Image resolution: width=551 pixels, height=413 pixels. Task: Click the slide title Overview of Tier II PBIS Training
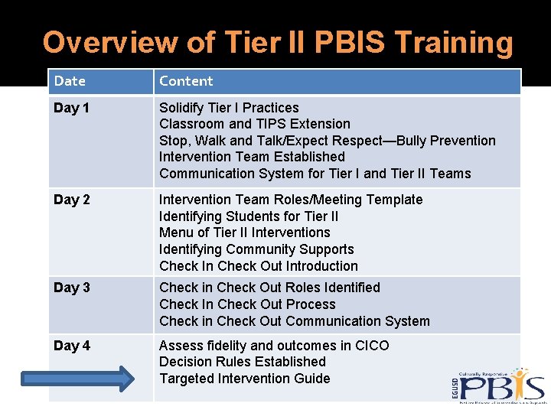point(278,43)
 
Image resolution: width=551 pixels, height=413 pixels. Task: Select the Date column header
point(70,81)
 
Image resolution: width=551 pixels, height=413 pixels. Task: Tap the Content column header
point(186,81)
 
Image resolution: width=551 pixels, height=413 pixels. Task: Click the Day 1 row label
point(72,108)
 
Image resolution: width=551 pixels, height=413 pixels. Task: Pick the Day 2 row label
point(72,200)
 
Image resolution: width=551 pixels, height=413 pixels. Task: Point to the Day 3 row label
point(72,288)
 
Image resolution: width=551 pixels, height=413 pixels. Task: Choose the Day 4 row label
point(72,346)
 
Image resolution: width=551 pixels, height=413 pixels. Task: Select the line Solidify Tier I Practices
point(229,108)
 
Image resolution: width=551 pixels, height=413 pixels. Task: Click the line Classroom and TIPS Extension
point(254,124)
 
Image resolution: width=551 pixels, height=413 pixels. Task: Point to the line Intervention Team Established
point(252,157)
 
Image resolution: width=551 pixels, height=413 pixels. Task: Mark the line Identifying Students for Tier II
point(248,216)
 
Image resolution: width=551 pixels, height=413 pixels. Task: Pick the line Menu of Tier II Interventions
point(244,233)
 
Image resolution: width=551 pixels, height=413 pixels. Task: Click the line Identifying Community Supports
point(256,249)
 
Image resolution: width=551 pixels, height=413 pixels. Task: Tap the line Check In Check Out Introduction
point(258,266)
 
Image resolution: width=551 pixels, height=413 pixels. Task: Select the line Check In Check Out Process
point(247,304)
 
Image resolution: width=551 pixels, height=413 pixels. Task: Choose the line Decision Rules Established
point(242,362)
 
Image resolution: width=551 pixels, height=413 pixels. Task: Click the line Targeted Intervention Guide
point(244,379)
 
